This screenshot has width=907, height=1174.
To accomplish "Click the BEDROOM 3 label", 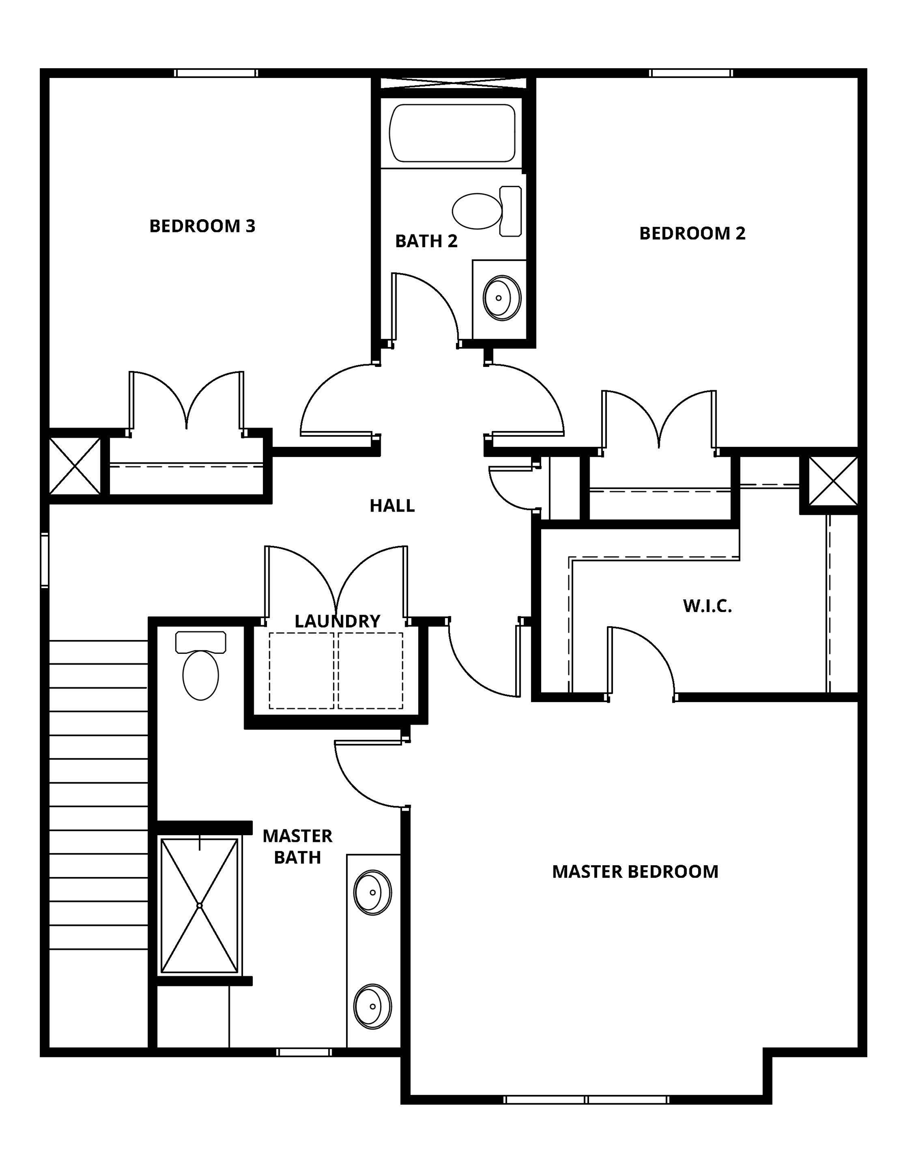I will [202, 226].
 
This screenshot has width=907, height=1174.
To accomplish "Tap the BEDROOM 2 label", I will [692, 233].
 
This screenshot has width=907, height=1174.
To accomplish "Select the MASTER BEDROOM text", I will [635, 871].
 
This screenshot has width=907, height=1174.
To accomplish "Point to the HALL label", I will [392, 505].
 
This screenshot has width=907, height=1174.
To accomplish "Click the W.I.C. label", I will [708, 606].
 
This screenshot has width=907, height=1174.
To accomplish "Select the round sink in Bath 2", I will [501, 298].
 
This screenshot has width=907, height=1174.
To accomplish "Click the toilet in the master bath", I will [201, 666].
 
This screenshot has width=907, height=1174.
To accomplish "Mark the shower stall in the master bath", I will [199, 906].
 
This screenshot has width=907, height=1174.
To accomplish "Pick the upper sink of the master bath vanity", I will [372, 892].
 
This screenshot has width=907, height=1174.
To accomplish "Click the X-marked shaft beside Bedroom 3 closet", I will [75, 466].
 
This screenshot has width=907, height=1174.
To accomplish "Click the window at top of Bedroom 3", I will [216, 73].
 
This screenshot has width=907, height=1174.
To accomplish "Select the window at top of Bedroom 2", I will [690, 73].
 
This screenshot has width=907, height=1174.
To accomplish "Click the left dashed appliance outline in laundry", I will [302, 671].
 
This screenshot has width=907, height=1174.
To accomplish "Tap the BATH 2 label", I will [426, 241].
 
